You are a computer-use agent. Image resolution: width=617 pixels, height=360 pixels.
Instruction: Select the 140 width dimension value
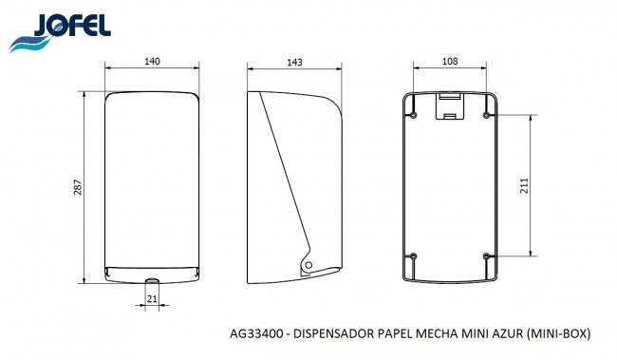(152, 62)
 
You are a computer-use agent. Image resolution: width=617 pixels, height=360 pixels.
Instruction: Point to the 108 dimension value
(450, 62)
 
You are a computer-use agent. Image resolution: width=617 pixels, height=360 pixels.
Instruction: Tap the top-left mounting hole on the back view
(415, 114)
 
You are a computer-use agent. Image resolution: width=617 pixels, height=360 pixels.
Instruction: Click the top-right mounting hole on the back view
(487, 114)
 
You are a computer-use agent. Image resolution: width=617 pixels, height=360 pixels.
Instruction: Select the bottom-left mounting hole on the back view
(415, 256)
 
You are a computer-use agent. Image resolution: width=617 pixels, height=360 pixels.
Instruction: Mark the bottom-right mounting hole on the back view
(487, 256)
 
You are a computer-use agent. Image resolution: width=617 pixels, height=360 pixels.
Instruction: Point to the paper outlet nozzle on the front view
(152, 279)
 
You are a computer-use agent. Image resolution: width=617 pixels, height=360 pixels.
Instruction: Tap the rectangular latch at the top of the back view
(450, 109)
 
